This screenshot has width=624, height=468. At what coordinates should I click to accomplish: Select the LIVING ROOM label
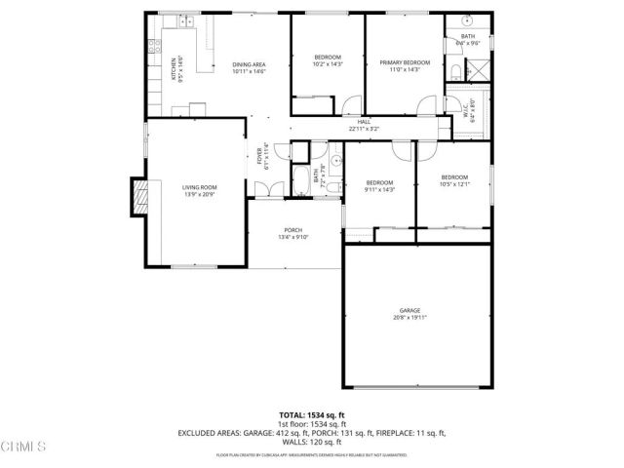[199, 187]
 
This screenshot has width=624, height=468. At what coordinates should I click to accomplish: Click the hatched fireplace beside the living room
[142, 200]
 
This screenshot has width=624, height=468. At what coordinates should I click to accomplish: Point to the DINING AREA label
[249, 65]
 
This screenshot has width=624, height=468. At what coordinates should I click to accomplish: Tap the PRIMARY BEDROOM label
[404, 61]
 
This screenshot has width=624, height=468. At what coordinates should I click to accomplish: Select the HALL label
[364, 122]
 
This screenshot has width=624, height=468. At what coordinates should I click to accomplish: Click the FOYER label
[259, 156]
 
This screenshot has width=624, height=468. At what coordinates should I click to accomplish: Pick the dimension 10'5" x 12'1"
[454, 184]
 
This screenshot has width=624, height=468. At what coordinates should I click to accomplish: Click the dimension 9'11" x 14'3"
[379, 189]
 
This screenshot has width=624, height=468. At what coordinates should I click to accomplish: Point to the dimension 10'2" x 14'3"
[328, 63]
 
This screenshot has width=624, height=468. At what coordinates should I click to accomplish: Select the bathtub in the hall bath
[301, 181]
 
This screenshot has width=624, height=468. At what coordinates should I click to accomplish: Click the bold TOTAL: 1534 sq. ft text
[312, 414]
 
